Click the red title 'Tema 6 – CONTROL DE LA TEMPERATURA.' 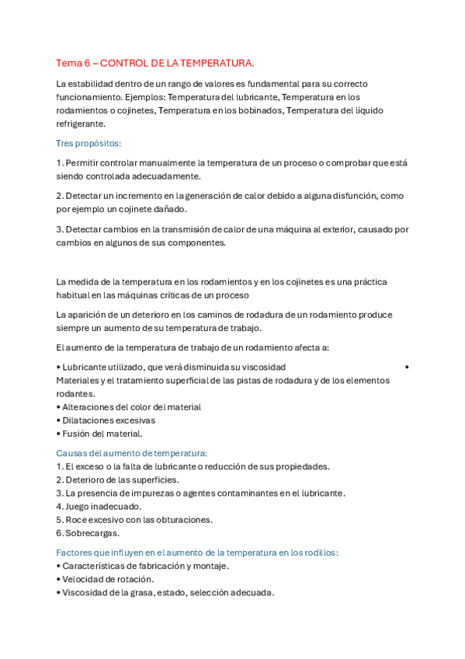pyautogui.click(x=155, y=63)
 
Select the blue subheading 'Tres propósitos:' pyautogui.click(x=88, y=143)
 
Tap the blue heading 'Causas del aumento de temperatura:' pyautogui.click(x=131, y=453)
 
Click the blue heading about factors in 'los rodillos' pyautogui.click(x=197, y=553)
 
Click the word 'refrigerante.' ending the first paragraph pyautogui.click(x=81, y=124)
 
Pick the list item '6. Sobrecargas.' pyautogui.click(x=87, y=533)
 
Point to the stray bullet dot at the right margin pyautogui.click(x=407, y=367)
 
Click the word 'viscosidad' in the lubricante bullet pyautogui.click(x=264, y=367)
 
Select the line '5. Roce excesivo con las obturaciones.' pyautogui.click(x=134, y=520)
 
